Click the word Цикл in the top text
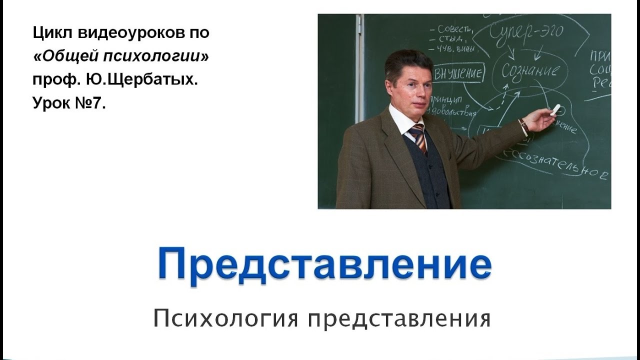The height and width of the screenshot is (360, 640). click(48, 33)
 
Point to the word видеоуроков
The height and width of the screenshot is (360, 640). click(120, 33)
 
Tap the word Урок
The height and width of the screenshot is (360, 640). click(50, 103)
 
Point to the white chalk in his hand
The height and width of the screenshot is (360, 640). click(555, 109)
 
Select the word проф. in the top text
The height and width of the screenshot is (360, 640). click(49, 80)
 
